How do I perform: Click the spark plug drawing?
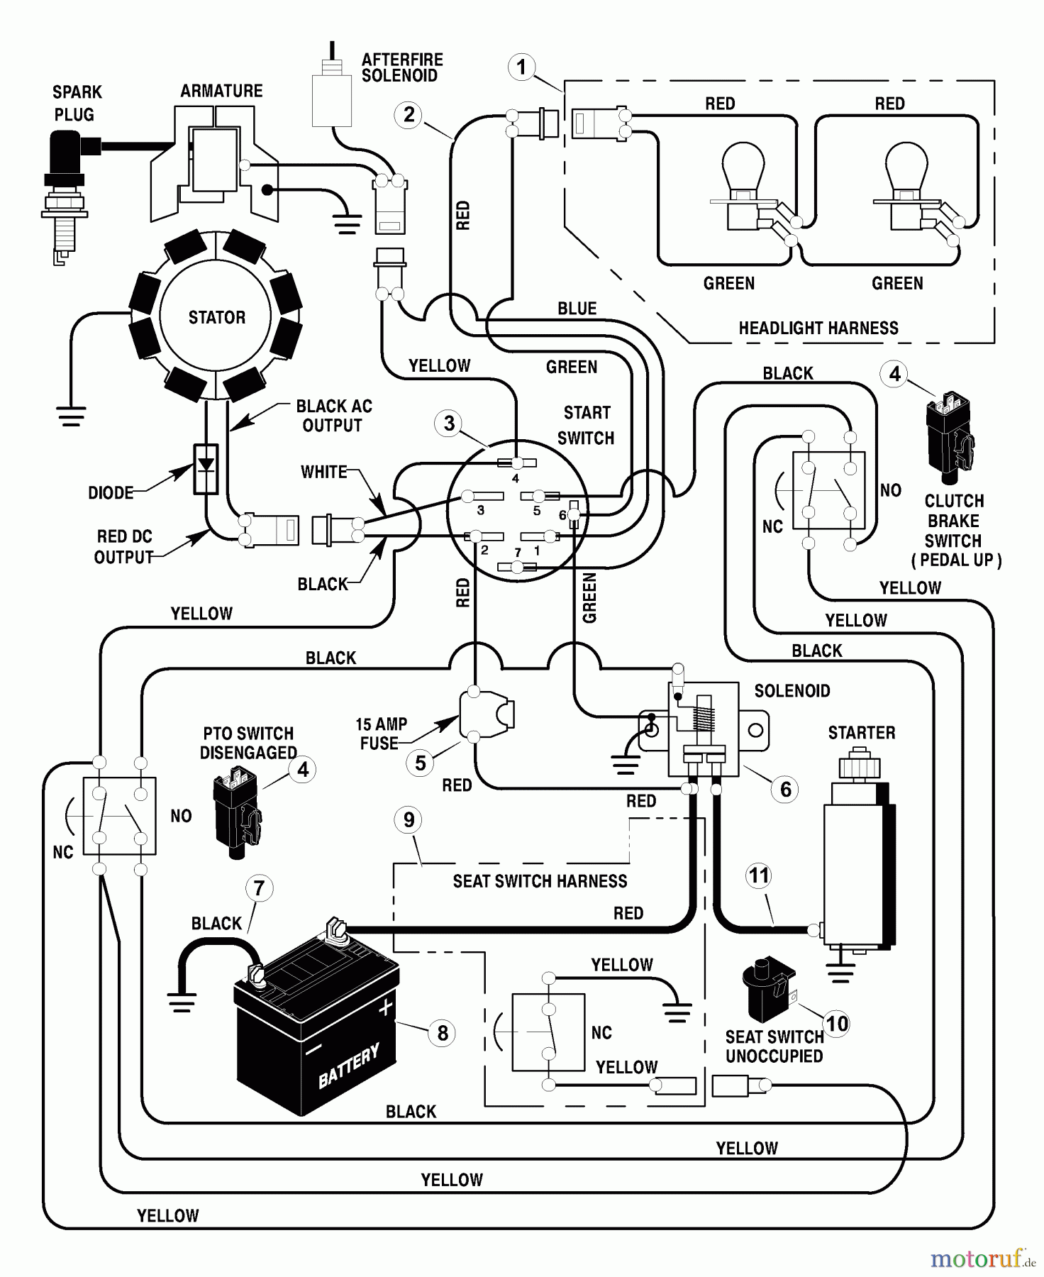pyautogui.click(x=67, y=192)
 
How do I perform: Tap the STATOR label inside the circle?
pyautogui.click(x=216, y=317)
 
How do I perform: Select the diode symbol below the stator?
pyautogui.click(x=206, y=468)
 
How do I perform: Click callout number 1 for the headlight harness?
pyautogui.click(x=522, y=67)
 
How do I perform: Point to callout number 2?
pyautogui.click(x=409, y=114)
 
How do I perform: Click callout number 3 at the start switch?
pyautogui.click(x=449, y=424)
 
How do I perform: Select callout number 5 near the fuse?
pyautogui.click(x=421, y=763)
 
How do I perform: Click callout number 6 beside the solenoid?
pyautogui.click(x=785, y=789)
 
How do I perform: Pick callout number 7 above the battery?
pyautogui.click(x=259, y=888)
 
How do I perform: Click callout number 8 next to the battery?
pyautogui.click(x=443, y=1033)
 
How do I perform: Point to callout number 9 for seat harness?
pyautogui.click(x=409, y=819)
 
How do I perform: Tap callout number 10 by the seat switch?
pyautogui.click(x=837, y=1023)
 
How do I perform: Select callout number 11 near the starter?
pyautogui.click(x=759, y=875)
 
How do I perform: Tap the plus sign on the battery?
pyautogui.click(x=385, y=1007)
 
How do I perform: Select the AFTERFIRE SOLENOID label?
pyautogui.click(x=401, y=67)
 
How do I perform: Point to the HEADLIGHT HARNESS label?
pyautogui.click(x=818, y=328)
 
